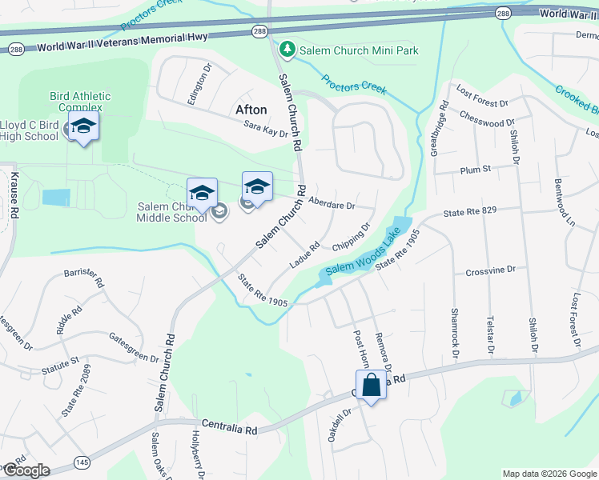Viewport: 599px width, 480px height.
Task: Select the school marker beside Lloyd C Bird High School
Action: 83,126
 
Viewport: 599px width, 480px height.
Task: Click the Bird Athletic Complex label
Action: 80,102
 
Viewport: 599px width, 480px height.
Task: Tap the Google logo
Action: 26,470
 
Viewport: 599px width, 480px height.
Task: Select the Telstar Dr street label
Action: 490,335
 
